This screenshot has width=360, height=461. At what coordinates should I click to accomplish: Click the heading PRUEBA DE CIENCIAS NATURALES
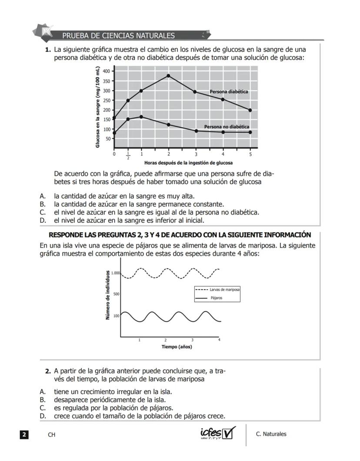118,36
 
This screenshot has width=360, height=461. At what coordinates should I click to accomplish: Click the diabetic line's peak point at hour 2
168,76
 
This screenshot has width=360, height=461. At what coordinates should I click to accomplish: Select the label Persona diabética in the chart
229,92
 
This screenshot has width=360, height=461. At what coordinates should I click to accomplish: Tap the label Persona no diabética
227,127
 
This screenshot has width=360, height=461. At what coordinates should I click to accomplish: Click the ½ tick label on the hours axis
128,155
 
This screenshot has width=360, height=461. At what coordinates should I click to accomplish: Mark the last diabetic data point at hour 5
250,110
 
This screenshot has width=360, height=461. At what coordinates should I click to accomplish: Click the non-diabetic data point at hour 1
141,117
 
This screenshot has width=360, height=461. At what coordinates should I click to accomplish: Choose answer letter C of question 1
43,212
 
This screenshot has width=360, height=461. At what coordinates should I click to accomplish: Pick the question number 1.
48,50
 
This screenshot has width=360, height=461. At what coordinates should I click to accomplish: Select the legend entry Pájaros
217,298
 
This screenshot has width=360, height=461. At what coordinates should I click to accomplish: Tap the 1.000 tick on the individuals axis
115,273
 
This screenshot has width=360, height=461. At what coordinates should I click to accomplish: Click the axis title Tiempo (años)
177,347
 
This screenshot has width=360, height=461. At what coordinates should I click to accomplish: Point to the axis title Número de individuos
107,295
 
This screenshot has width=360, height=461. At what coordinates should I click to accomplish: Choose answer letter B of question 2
43,399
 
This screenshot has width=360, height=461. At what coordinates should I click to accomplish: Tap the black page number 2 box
24,434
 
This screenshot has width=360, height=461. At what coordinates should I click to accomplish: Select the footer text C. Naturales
271,434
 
